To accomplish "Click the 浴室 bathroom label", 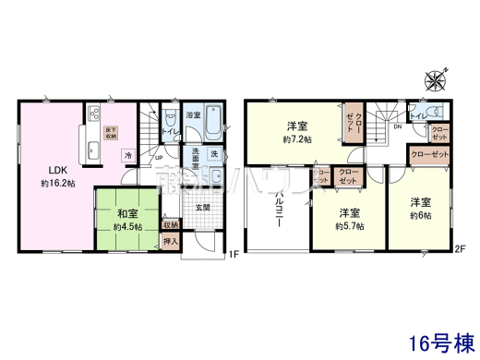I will [x=193, y=116].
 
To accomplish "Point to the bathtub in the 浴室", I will [x=214, y=122].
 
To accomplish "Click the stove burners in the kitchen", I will [x=94, y=114].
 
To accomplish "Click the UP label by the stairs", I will [x=159, y=158].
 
